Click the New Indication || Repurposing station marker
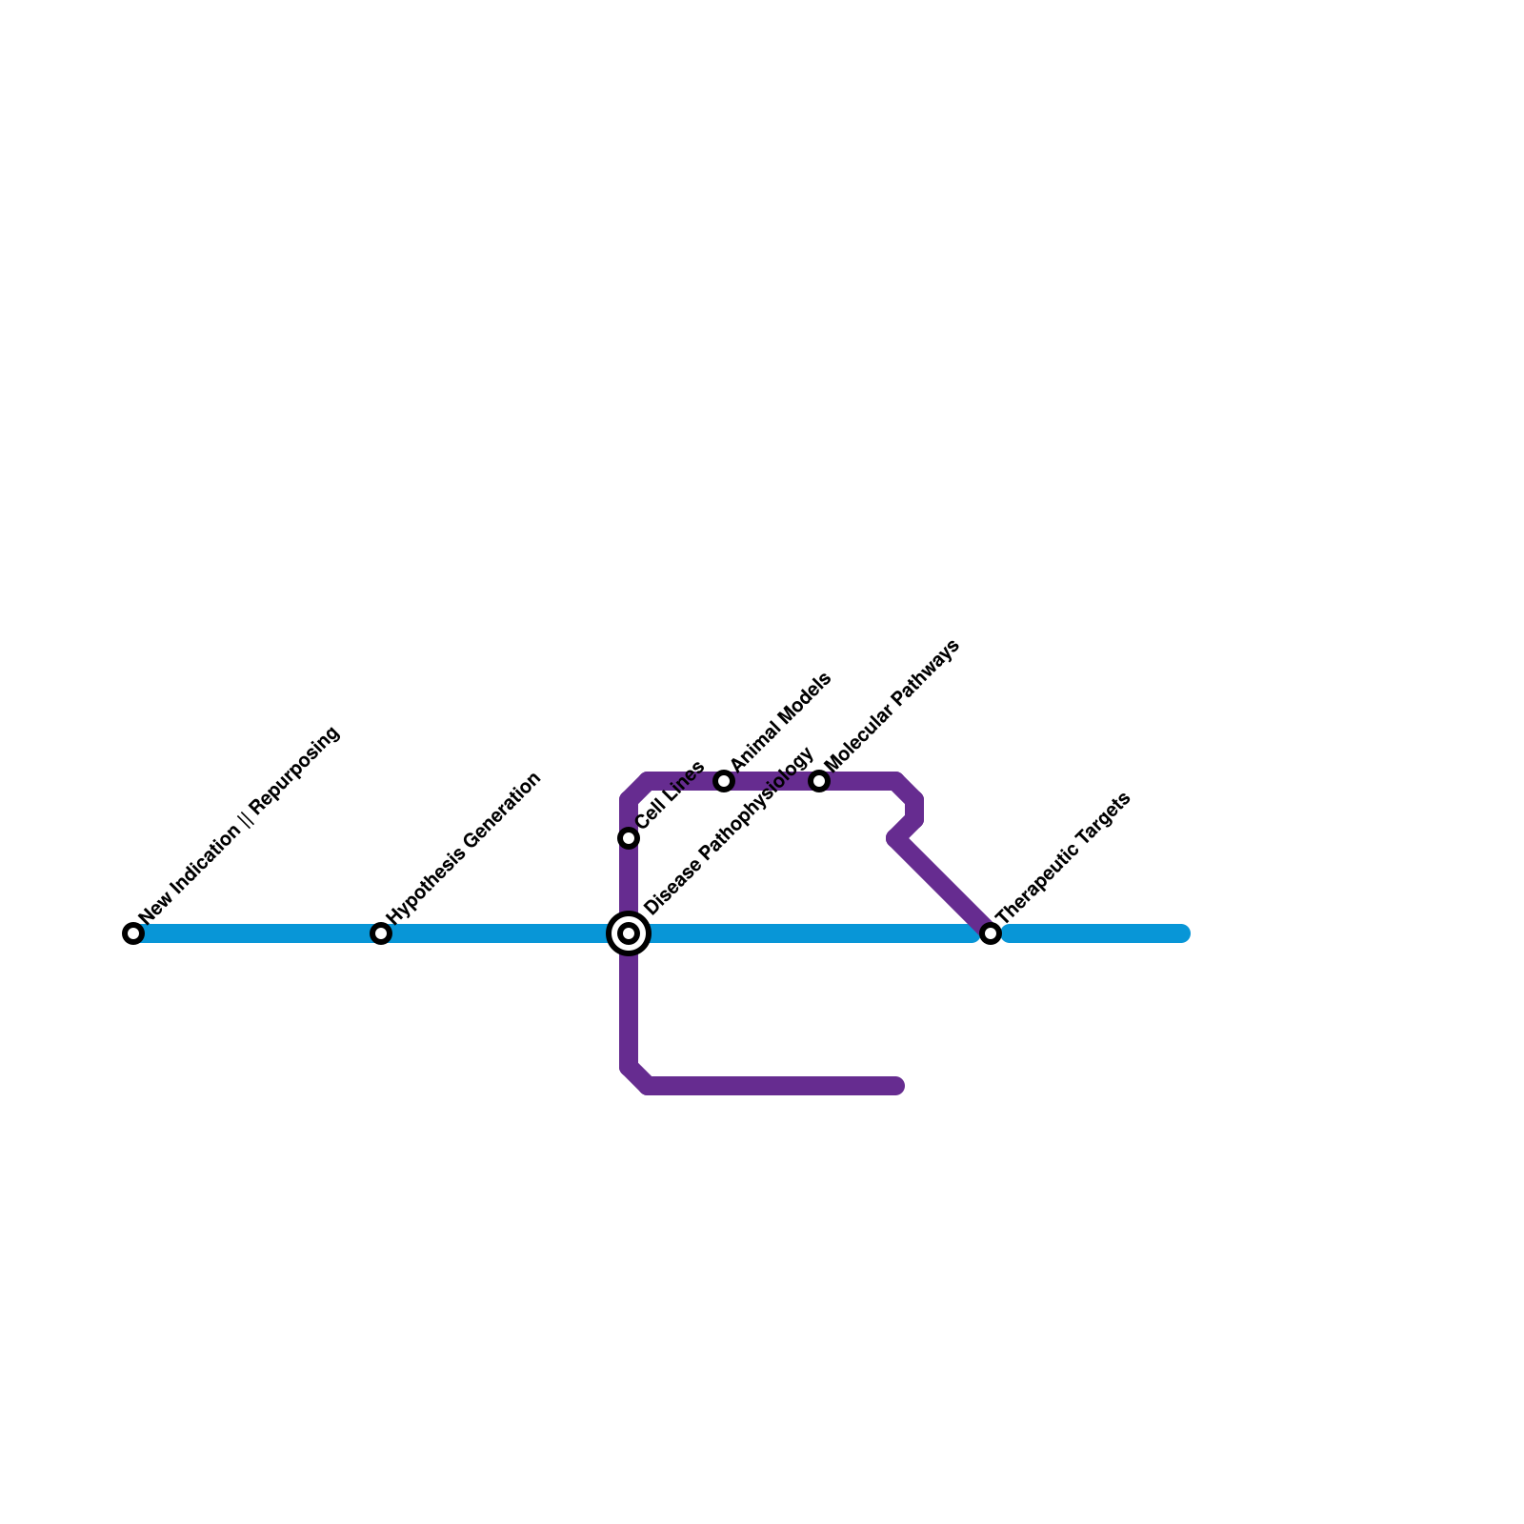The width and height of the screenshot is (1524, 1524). tap(133, 933)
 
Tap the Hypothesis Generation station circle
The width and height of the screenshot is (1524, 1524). tap(381, 933)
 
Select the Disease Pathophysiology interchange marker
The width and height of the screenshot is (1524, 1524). tap(629, 933)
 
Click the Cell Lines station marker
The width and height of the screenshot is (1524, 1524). tap(629, 838)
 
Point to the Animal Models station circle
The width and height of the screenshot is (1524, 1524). tap(724, 781)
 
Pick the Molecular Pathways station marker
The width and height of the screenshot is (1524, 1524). tap(819, 781)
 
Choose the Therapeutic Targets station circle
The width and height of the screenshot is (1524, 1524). tap(991, 933)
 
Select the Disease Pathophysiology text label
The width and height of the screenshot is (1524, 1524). tap(730, 830)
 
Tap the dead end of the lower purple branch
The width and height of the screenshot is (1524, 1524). tap(896, 1086)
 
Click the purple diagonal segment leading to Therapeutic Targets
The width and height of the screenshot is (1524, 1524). tap(943, 886)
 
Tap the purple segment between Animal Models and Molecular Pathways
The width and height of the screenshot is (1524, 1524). tap(772, 781)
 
